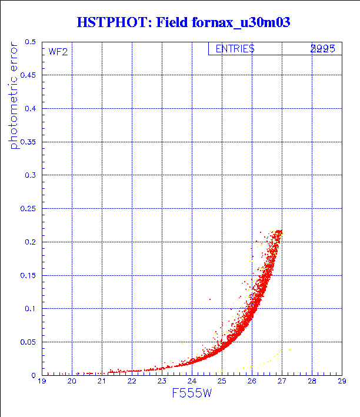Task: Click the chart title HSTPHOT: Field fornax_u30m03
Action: pyautogui.click(x=184, y=23)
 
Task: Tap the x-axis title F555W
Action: pyautogui.click(x=192, y=393)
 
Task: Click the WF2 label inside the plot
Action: pyautogui.click(x=58, y=52)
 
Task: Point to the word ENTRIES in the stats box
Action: pyautogui.click(x=235, y=49)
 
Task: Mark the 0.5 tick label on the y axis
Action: pyautogui.click(x=29, y=42)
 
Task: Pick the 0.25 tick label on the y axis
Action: pyautogui.click(x=27, y=209)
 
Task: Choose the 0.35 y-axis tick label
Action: pyautogui.click(x=27, y=142)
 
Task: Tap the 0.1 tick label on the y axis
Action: pyautogui.click(x=29, y=309)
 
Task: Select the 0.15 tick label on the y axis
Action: pyautogui.click(x=27, y=275)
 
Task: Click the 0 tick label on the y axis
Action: pyautogui.click(x=33, y=375)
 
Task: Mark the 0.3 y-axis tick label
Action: pyautogui.click(x=29, y=175)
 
